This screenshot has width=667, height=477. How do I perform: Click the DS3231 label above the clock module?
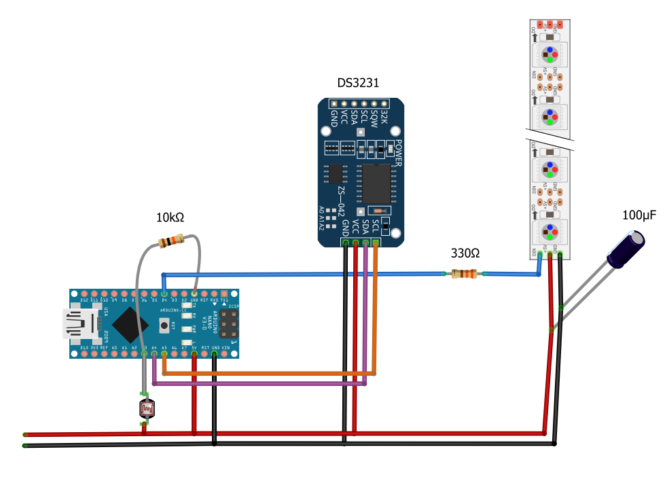click(x=358, y=83)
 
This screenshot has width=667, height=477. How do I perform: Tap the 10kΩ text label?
click(x=170, y=217)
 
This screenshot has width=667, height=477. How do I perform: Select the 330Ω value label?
click(x=465, y=253)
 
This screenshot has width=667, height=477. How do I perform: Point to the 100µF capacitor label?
click(x=639, y=216)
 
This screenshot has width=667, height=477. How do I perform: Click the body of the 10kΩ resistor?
click(x=170, y=241)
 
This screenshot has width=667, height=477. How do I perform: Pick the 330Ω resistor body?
click(x=465, y=274)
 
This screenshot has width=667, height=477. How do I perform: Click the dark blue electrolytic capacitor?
click(x=626, y=249)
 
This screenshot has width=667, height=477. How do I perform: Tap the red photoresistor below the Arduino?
click(x=147, y=408)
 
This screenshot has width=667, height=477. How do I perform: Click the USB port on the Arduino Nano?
click(x=76, y=323)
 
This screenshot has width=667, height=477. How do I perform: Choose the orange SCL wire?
click(x=272, y=373)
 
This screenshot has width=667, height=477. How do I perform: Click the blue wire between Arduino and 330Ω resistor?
click(x=306, y=275)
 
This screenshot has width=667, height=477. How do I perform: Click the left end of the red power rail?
click(x=26, y=434)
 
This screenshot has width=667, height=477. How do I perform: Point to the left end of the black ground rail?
click(x=26, y=446)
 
